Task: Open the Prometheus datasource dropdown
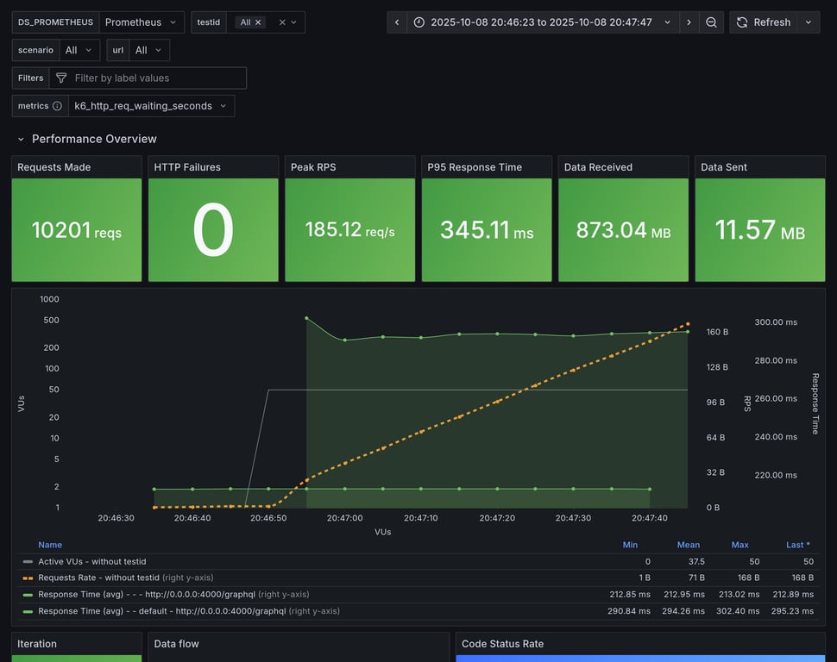(142, 22)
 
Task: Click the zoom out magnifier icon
(711, 22)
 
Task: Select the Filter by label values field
(155, 78)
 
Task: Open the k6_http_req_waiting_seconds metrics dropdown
(151, 106)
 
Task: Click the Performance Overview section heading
(94, 139)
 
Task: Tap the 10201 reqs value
(77, 230)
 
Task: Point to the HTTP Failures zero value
(213, 230)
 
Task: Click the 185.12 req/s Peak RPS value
(349, 230)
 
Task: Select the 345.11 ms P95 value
(487, 230)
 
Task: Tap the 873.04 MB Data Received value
(623, 230)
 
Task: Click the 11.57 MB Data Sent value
(759, 230)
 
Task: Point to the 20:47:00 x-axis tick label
(344, 518)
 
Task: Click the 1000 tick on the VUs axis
(49, 299)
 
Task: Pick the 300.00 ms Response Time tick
(776, 322)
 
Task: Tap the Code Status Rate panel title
(502, 644)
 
